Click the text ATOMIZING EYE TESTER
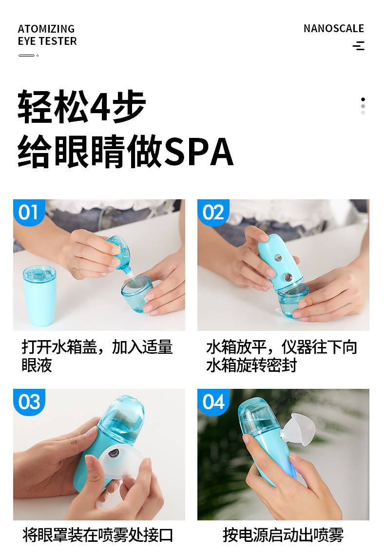[x=47, y=35]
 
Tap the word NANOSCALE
[x=334, y=28]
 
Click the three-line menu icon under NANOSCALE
[x=359, y=46]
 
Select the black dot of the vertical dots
[x=363, y=99]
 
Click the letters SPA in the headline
[x=198, y=152]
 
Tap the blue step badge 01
[x=29, y=212]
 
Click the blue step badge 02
[x=213, y=212]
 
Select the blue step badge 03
[x=29, y=402]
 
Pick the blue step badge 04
[x=213, y=402]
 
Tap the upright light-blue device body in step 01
[x=39, y=296]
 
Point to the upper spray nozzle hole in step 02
[x=278, y=258]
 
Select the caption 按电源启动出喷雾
[x=283, y=535]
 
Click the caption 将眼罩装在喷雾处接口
[x=97, y=535]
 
